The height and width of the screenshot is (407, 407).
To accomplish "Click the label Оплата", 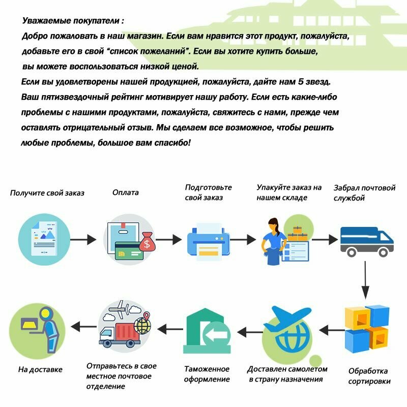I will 126,193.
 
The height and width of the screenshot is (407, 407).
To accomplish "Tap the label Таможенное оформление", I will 207,374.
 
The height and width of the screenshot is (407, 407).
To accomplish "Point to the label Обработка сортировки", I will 369,376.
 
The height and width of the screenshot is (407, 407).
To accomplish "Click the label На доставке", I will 40,370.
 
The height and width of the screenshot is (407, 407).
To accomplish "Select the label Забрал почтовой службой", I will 364,193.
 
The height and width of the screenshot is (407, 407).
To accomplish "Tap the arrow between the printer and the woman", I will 245,240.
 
